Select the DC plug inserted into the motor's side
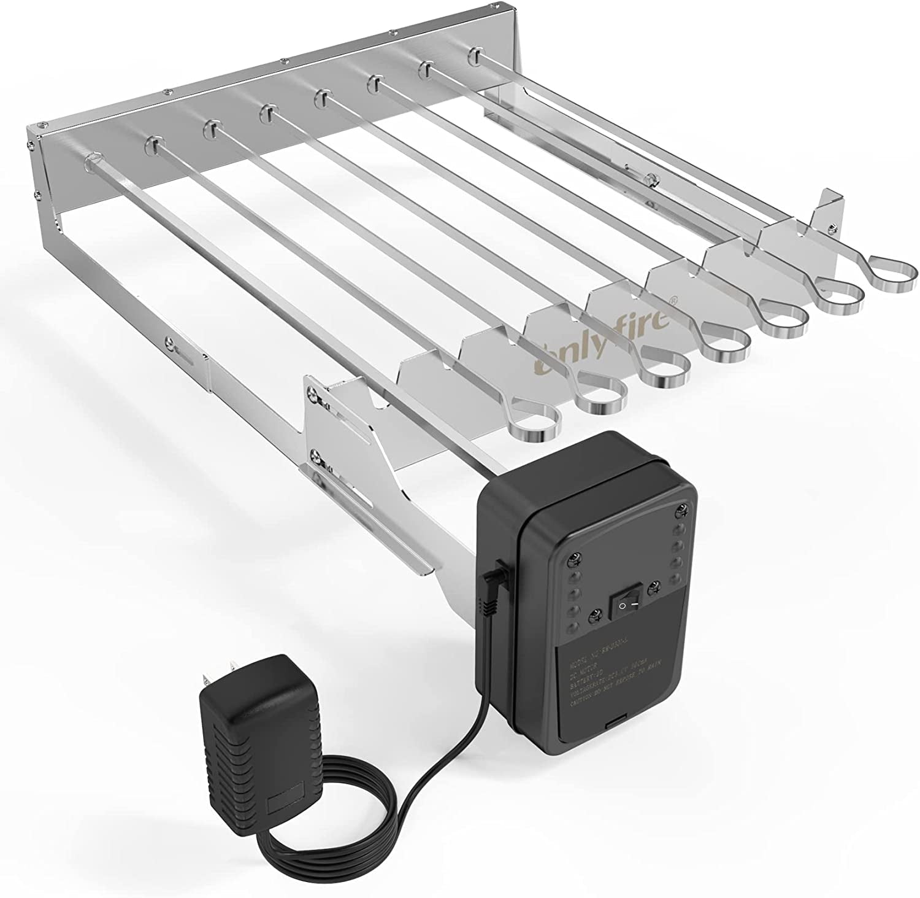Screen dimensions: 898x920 point(493,582)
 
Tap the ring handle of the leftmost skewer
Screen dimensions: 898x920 point(533,424)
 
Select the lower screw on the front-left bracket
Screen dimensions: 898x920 point(317,456)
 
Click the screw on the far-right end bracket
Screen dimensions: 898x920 point(832,229)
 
